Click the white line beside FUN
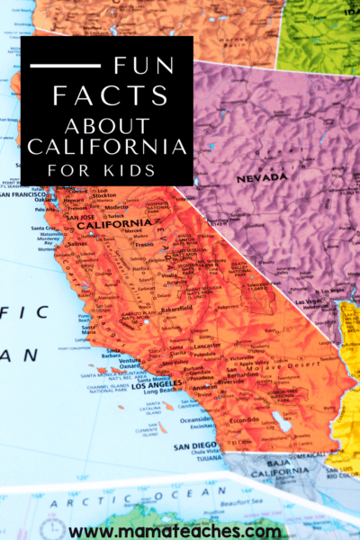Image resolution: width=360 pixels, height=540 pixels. (64, 66)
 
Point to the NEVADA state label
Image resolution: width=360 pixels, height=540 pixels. (261, 178)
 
